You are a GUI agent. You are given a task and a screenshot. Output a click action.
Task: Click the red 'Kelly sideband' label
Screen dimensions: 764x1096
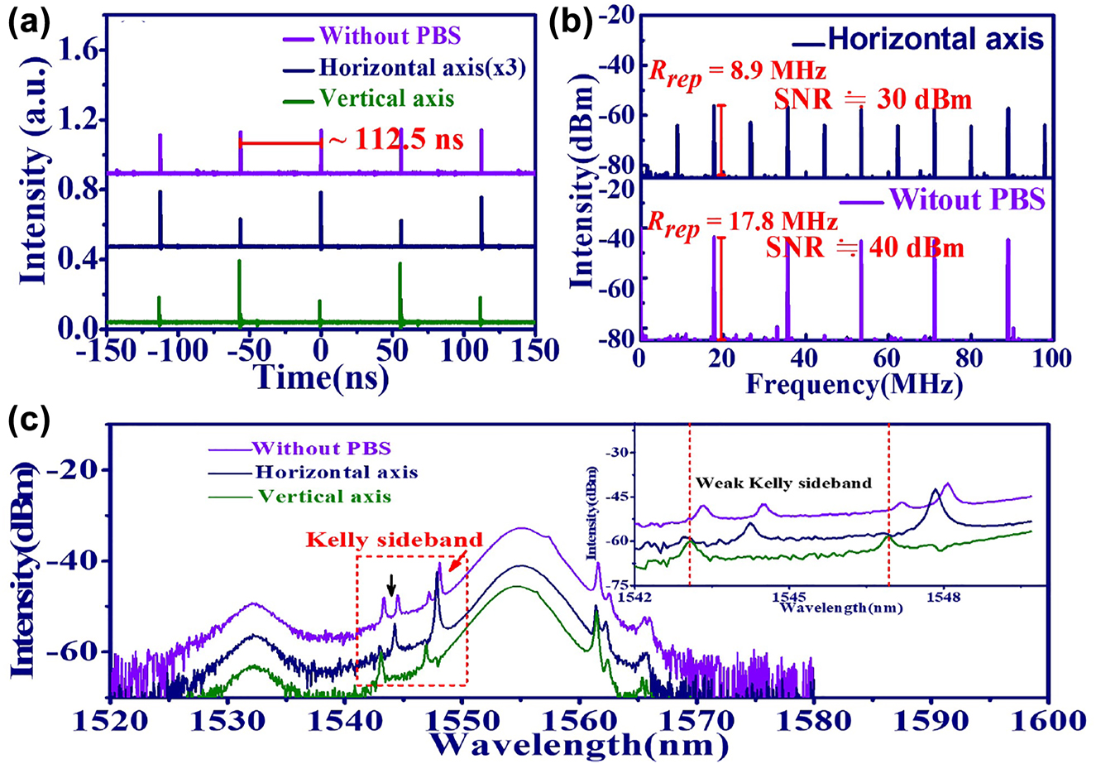[x=369, y=539]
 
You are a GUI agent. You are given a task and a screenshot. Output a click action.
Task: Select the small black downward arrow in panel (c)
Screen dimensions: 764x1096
[x=393, y=585]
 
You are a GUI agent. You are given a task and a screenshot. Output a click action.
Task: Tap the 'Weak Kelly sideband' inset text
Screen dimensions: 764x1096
[x=783, y=483]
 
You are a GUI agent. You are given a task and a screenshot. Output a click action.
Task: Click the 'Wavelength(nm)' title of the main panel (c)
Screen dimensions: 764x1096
[x=579, y=745]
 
